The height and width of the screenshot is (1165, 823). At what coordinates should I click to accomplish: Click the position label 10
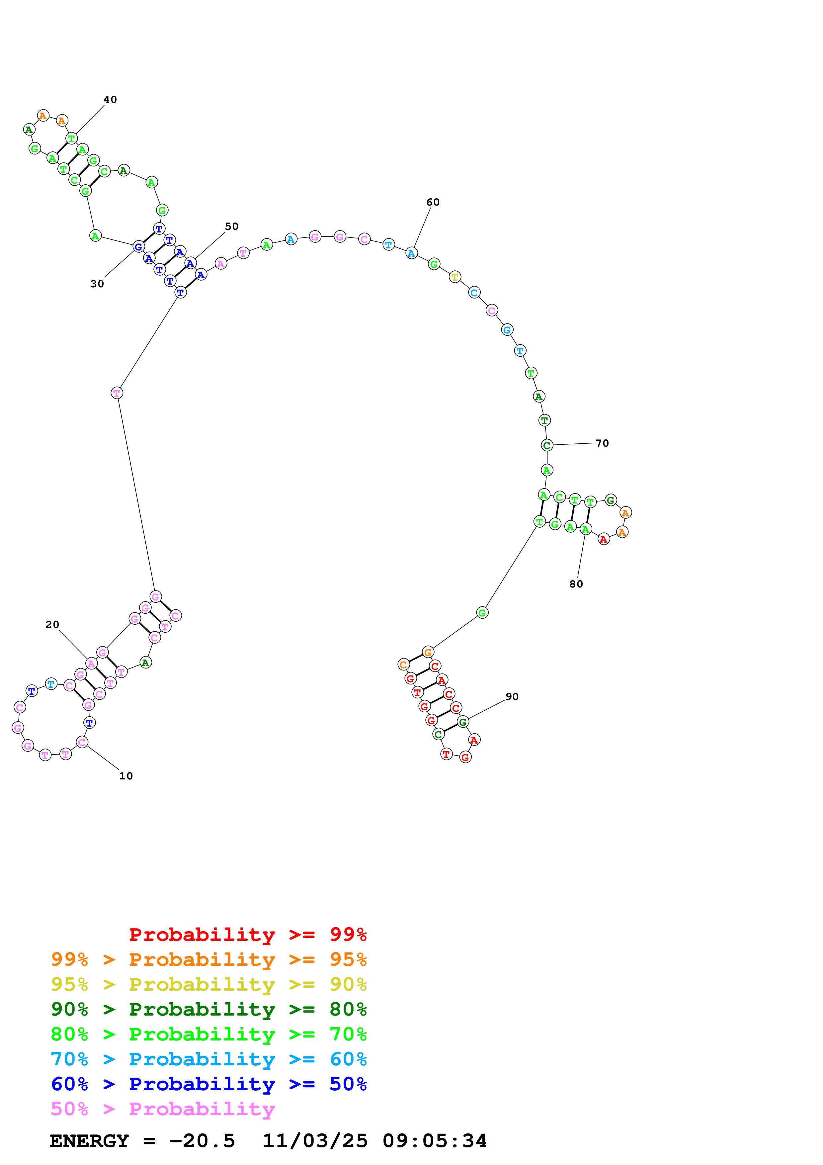126,776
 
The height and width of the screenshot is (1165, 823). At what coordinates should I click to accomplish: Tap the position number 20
52,625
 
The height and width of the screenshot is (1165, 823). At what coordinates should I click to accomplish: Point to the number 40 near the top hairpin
110,99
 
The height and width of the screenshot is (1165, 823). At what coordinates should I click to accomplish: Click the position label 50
232,226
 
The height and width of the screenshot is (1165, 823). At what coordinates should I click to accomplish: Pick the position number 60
433,202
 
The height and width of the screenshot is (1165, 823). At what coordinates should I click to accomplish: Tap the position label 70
602,443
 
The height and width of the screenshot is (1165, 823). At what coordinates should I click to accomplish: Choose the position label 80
576,584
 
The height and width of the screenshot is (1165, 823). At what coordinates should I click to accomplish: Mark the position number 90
512,697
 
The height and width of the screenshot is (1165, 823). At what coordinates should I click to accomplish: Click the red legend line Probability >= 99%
247,935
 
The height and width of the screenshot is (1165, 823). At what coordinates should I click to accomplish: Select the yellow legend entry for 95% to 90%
208,984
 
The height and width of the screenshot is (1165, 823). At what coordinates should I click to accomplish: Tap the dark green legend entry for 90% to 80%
208,1009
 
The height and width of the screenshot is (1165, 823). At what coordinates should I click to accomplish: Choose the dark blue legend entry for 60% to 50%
208,1084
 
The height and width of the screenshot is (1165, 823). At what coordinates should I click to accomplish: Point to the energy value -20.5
202,1141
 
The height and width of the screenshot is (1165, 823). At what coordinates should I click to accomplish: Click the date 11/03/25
315,1141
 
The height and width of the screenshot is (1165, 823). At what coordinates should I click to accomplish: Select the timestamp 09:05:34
435,1141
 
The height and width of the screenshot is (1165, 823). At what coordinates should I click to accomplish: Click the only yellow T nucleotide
455,277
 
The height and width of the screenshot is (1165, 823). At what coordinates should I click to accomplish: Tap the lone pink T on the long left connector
117,393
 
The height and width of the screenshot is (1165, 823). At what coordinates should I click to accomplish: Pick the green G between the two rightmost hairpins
482,613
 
